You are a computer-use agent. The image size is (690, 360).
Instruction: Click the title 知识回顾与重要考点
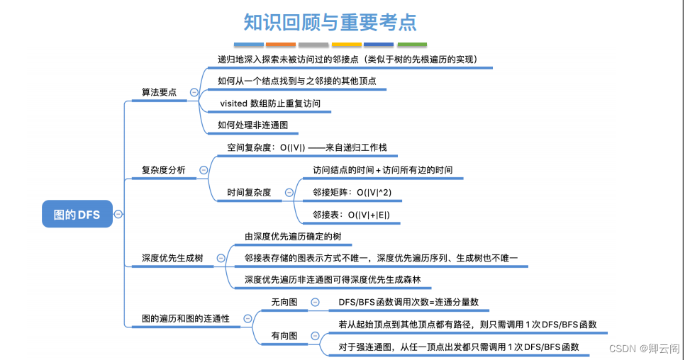(329, 22)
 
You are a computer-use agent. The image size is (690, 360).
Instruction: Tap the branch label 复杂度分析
(164, 170)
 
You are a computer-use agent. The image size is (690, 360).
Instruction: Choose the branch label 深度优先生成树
(172, 258)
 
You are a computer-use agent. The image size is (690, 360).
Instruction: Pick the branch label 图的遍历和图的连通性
(186, 319)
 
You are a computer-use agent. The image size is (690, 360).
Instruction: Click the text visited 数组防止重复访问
(270, 103)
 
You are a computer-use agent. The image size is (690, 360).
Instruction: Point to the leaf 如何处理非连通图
(253, 125)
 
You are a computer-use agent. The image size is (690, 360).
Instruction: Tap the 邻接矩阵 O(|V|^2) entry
(353, 192)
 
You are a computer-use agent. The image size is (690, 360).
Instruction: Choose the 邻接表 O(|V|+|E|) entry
(351, 215)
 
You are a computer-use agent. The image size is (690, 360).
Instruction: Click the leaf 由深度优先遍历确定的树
(298, 236)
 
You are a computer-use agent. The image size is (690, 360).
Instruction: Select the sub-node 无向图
(284, 303)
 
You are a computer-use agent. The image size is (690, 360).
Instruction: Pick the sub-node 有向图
(284, 335)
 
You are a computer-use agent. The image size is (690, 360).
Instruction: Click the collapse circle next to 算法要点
(194, 92)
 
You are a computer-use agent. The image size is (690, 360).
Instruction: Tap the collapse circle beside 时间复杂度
(289, 192)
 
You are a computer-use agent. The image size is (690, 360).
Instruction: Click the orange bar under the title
(281, 45)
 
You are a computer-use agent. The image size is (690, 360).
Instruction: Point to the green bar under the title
(412, 45)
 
